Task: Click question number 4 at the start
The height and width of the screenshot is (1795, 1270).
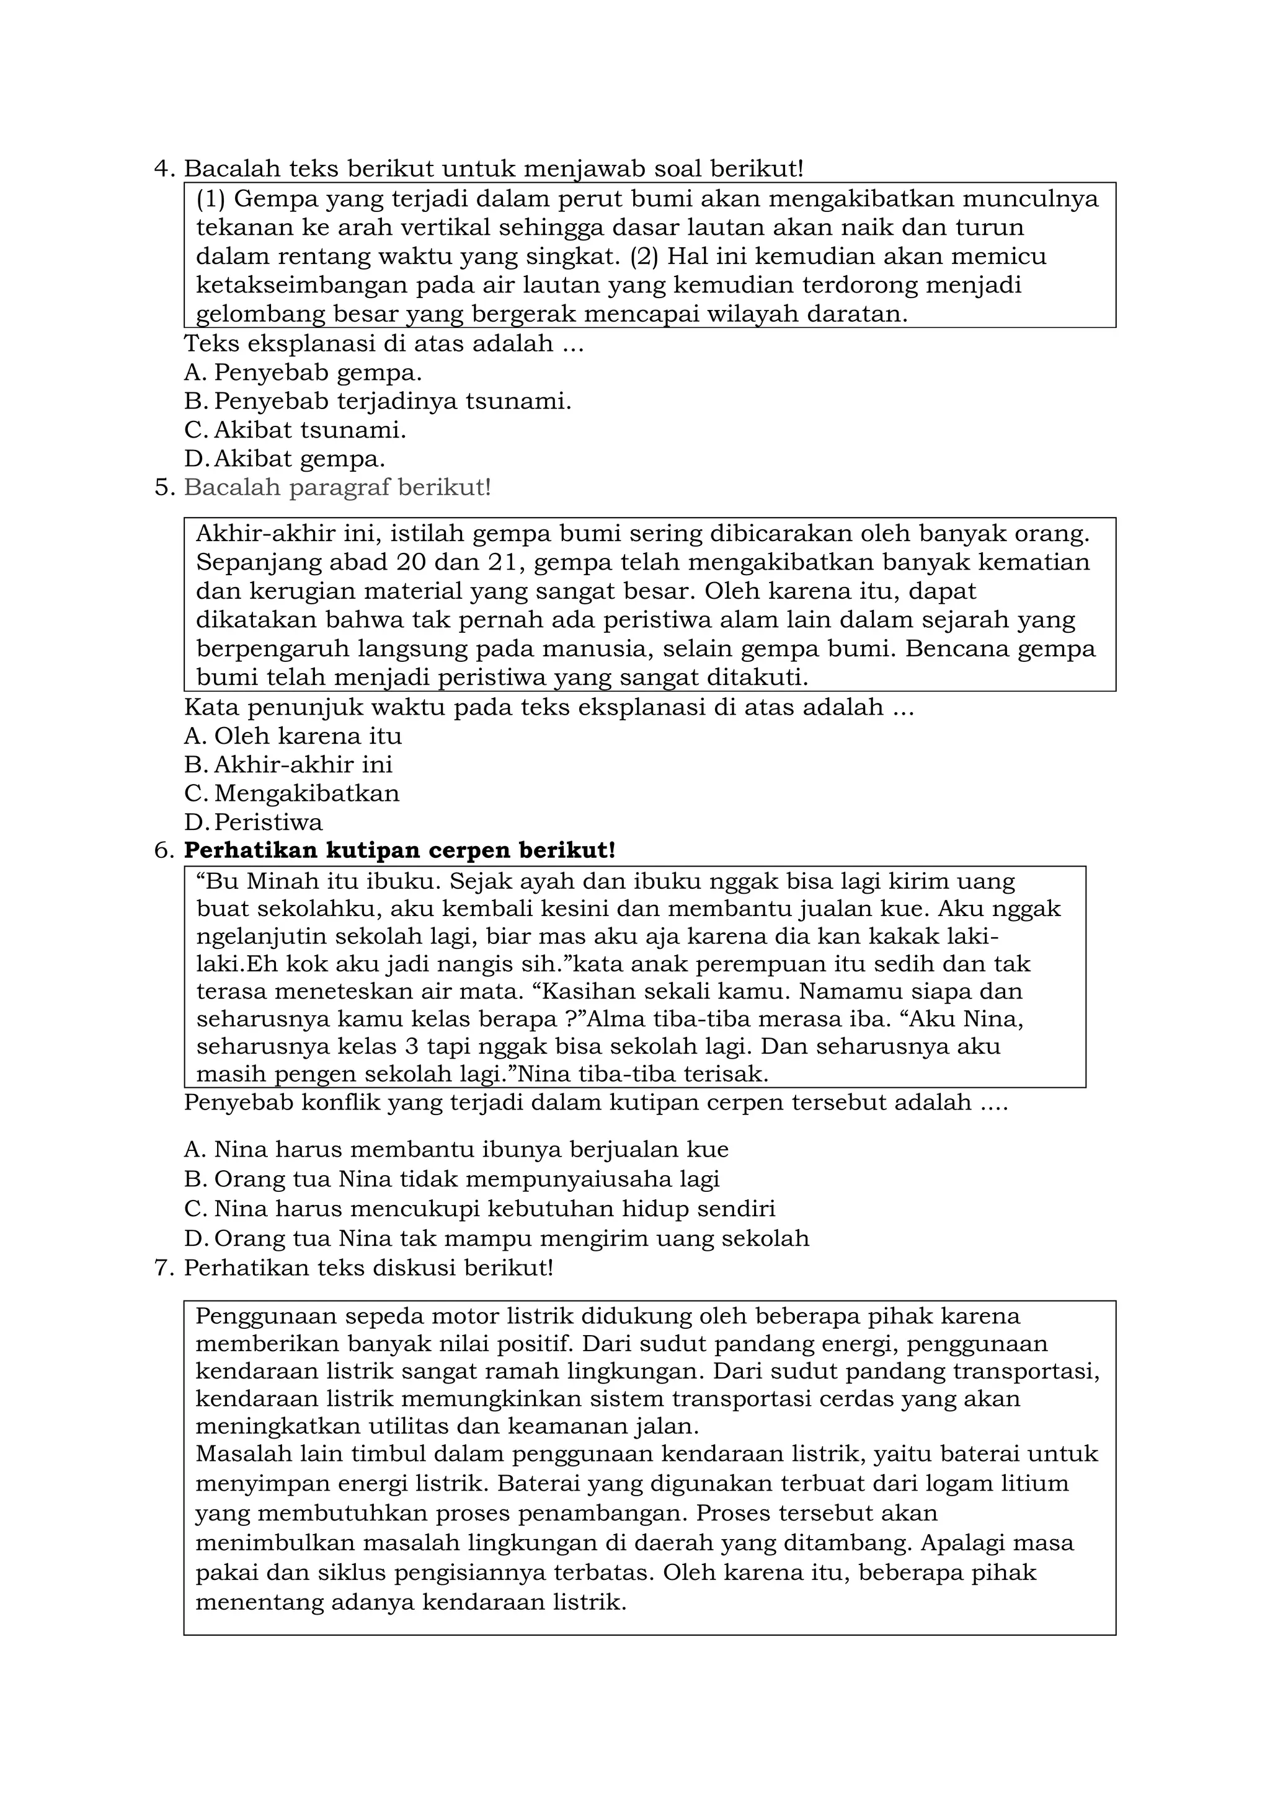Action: click(164, 169)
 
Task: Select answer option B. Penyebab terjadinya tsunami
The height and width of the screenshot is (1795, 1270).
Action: click(378, 401)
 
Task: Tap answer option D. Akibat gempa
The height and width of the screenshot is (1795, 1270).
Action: click(285, 458)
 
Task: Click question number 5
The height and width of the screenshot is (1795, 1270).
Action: click(164, 488)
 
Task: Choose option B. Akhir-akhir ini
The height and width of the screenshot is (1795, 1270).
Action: click(288, 765)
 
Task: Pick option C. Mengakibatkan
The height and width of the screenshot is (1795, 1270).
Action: click(291, 793)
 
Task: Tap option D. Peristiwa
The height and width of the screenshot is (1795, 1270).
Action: click(254, 822)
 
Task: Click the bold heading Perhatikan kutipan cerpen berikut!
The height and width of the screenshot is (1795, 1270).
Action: click(399, 850)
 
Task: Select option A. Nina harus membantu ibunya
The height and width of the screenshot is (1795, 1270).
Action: click(456, 1149)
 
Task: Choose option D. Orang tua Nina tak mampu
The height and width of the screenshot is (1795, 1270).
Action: click(497, 1238)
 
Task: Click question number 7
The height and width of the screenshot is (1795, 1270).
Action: click(164, 1268)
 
